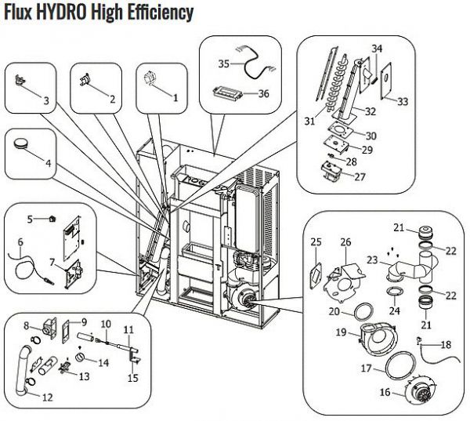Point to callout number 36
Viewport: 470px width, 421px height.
pyautogui.click(x=264, y=93)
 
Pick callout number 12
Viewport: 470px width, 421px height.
pyautogui.click(x=48, y=397)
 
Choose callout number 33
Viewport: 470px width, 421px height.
pyautogui.click(x=403, y=102)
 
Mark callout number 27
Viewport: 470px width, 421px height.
pyautogui.click(x=360, y=177)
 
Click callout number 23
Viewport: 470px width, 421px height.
pyautogui.click(x=372, y=259)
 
